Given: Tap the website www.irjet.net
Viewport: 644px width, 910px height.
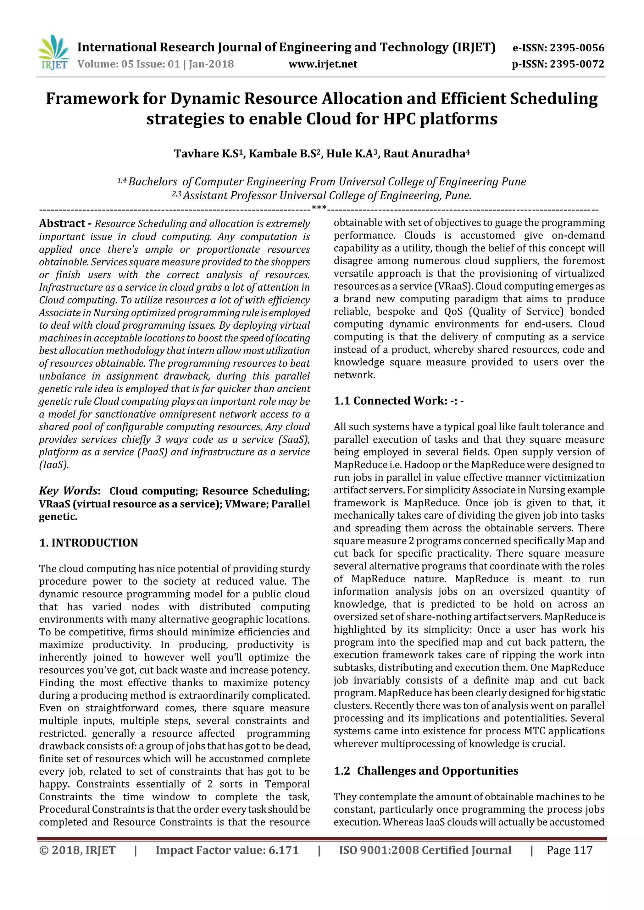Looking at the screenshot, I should (323, 64).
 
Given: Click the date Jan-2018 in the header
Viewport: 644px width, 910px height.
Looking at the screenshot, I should (211, 64).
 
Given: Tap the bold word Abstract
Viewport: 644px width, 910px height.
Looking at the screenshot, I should (62, 223).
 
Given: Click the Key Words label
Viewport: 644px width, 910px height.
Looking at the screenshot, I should (68, 491).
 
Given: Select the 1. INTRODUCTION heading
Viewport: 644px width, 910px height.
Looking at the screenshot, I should (88, 543).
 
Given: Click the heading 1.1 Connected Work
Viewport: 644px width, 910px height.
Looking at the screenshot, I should (398, 401).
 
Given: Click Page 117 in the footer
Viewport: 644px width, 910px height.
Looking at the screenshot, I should (569, 850).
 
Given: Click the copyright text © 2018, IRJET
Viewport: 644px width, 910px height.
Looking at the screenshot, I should (77, 850).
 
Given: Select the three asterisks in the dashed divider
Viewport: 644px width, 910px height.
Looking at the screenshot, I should (319, 208).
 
